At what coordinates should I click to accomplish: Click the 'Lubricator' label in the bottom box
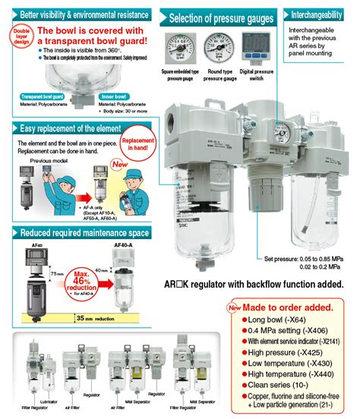[31, 397]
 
